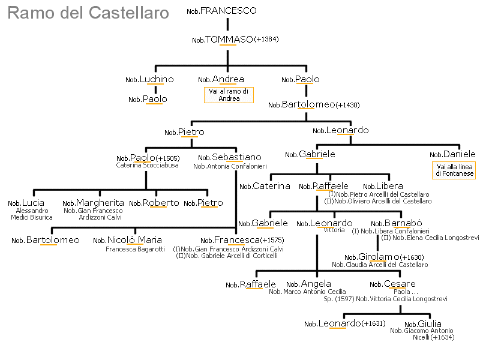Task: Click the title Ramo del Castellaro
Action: (x=88, y=13)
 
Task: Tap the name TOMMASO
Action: (x=229, y=40)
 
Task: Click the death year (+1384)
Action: (x=266, y=40)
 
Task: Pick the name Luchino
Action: (x=157, y=79)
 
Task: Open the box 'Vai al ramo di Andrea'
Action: (x=229, y=95)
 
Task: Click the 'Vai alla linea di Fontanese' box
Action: (x=454, y=170)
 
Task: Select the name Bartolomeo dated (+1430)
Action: (x=308, y=104)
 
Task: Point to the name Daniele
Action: (x=460, y=154)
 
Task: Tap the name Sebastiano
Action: (x=236, y=157)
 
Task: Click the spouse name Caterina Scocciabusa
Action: (x=147, y=166)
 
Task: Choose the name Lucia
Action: (x=34, y=203)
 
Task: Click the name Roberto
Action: (x=161, y=203)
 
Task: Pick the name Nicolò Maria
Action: (x=134, y=240)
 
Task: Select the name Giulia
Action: (x=430, y=324)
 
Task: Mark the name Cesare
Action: (x=400, y=284)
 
